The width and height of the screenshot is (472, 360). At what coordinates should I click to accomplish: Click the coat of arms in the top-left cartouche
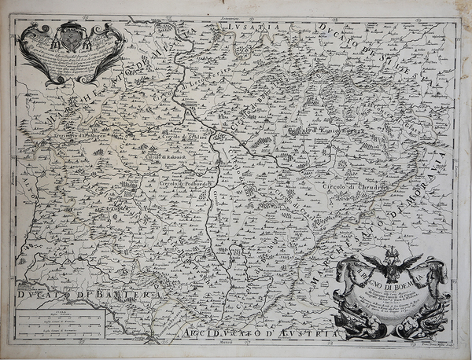click(70, 36)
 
